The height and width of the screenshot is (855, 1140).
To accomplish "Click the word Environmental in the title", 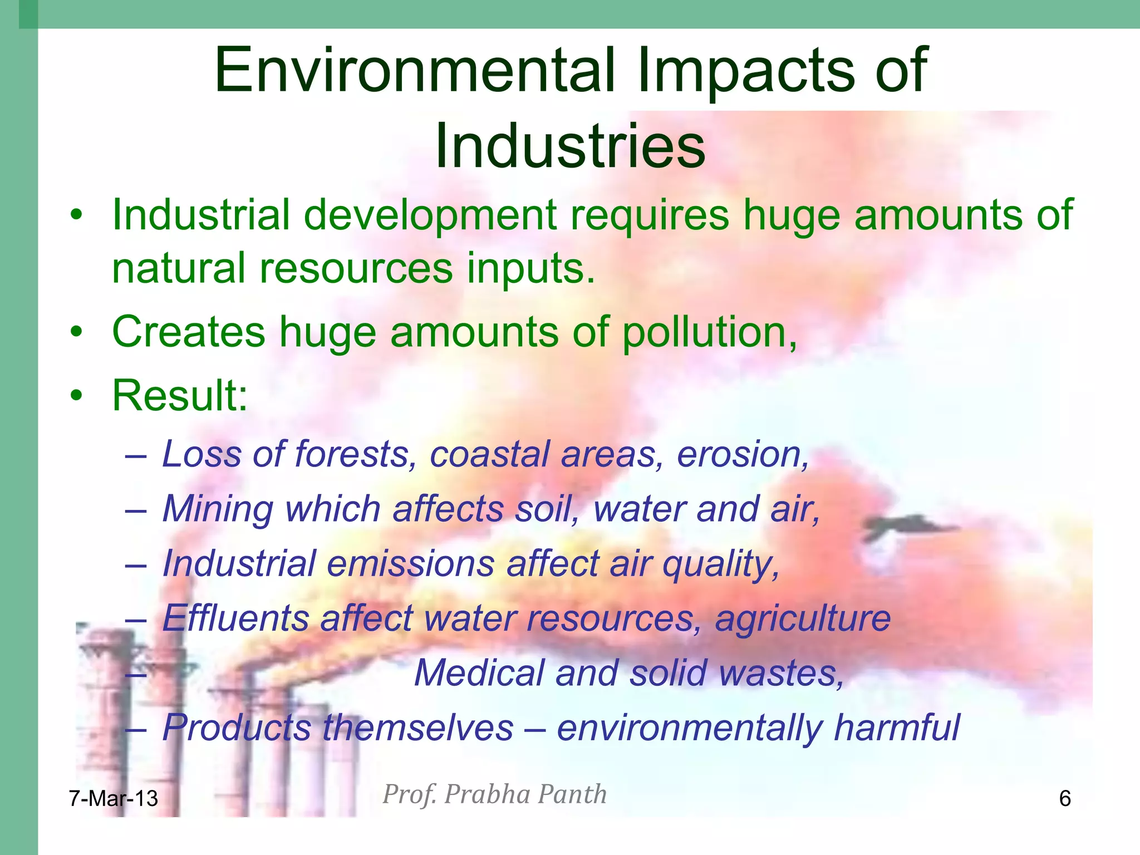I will click(x=415, y=71).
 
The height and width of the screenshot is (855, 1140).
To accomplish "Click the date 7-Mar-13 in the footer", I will click(x=114, y=798).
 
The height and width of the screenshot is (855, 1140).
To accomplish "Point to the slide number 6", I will click(x=1064, y=798).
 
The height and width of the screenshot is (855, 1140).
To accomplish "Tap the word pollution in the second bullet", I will click(x=709, y=332).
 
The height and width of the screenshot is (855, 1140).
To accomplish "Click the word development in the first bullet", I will click(x=430, y=215).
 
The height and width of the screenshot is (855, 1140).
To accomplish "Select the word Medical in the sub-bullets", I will click(x=479, y=672).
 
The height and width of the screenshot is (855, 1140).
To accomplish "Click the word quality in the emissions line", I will click(x=720, y=564).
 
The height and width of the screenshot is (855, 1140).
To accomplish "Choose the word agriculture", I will click(x=803, y=618).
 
